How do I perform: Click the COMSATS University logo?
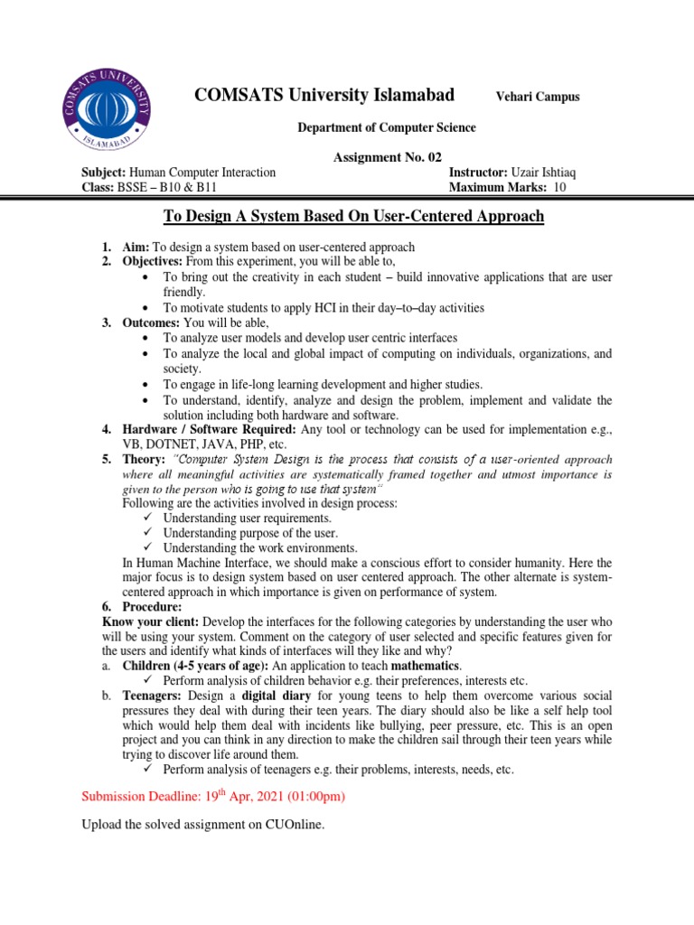click(x=107, y=107)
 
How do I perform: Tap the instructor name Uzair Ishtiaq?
click(x=547, y=172)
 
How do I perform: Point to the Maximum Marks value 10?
click(x=559, y=187)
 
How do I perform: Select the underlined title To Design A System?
click(x=353, y=216)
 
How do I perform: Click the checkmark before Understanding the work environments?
click(x=149, y=547)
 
